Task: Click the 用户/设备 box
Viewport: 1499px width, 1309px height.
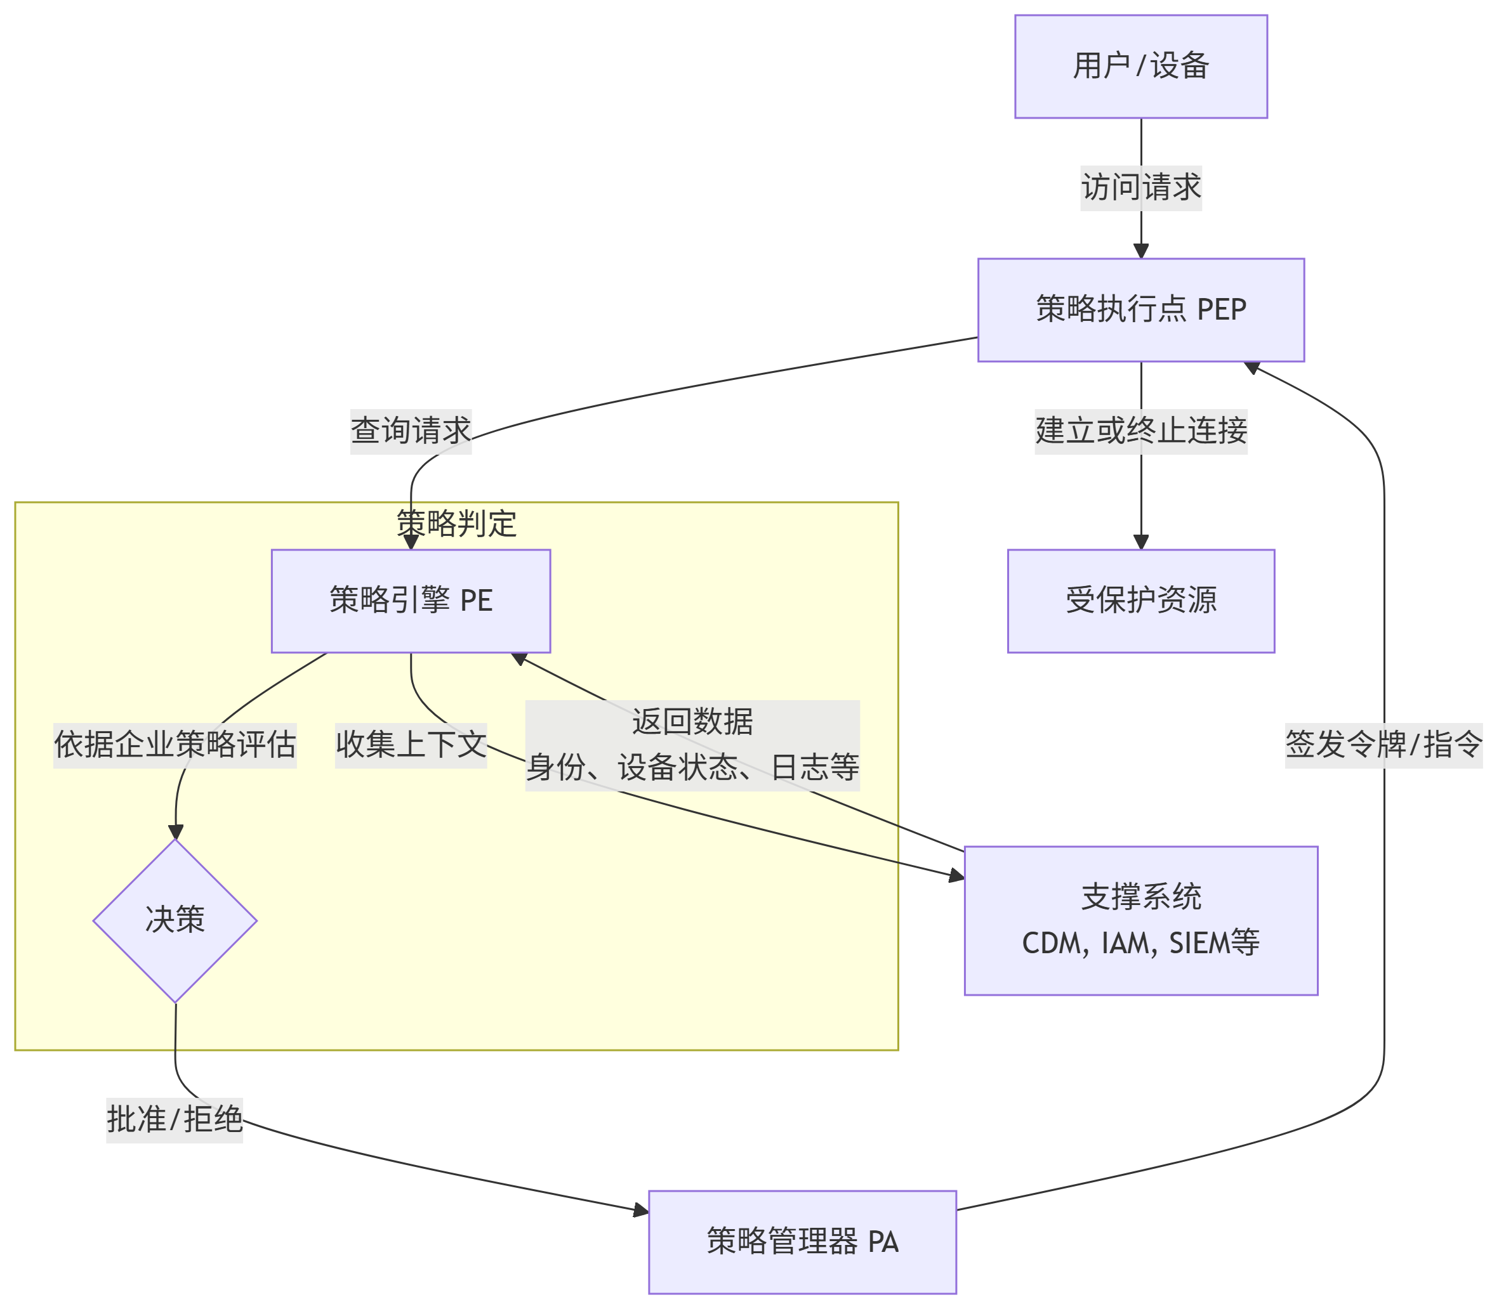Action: (1141, 67)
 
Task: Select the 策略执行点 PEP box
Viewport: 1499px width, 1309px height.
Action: (1141, 309)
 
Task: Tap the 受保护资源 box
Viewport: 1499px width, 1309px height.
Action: (1141, 601)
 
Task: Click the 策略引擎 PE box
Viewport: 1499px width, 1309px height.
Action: (411, 601)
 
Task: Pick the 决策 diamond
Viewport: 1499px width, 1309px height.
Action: (175, 920)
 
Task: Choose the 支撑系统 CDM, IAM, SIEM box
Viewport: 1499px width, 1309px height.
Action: (1141, 920)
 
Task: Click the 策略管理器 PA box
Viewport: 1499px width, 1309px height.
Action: (802, 1242)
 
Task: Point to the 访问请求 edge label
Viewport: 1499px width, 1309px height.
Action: (1141, 188)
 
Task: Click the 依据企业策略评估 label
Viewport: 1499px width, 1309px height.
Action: (175, 745)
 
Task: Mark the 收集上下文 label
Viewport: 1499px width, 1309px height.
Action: (411, 745)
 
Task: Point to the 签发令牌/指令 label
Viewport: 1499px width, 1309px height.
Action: (1383, 745)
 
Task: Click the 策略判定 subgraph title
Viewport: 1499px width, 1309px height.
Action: (456, 524)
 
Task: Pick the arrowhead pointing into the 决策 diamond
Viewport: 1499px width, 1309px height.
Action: (175, 832)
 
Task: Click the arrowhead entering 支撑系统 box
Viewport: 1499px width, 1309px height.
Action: (956, 876)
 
